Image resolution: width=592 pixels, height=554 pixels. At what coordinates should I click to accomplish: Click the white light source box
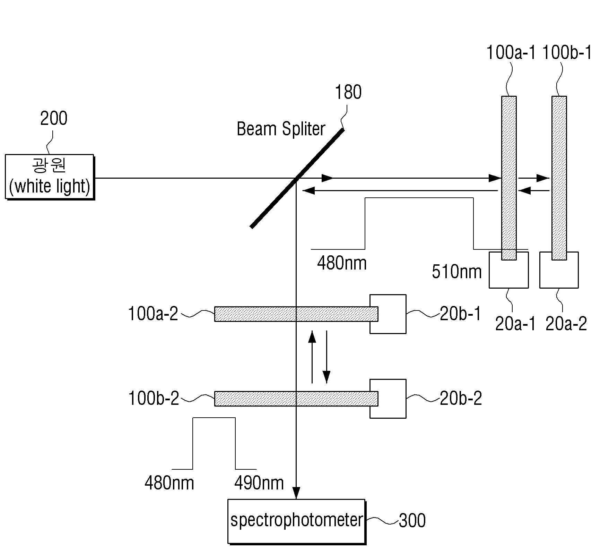click(x=50, y=177)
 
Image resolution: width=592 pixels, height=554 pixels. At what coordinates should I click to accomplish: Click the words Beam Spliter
click(x=281, y=129)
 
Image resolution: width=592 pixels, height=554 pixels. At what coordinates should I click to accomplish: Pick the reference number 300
click(x=412, y=520)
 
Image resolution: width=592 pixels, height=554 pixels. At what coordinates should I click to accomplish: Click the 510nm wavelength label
click(x=456, y=272)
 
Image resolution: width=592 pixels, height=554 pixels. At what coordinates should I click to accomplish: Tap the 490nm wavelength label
click(x=259, y=483)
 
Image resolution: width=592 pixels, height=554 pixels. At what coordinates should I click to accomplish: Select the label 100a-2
click(x=153, y=314)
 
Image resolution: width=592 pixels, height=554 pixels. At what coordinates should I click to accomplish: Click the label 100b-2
click(x=154, y=398)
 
